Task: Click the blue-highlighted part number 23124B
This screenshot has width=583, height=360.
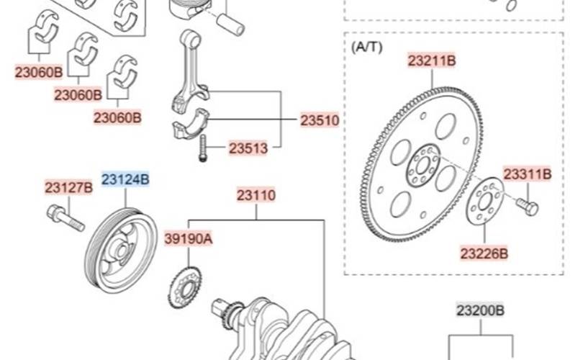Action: coord(125,179)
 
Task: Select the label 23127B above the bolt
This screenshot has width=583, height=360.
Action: coord(68,187)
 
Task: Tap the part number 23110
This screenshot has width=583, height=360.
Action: coord(256,195)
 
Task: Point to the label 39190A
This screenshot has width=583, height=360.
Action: coord(189,239)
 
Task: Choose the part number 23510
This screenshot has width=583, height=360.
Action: coord(320,120)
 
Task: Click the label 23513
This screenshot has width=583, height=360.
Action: coord(248,148)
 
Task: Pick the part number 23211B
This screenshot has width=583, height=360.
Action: coord(432,61)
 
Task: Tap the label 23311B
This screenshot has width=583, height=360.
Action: coord(528,174)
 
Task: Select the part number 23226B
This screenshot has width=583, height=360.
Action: coord(484,254)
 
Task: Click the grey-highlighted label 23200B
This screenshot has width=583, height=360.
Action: coord(480,310)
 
